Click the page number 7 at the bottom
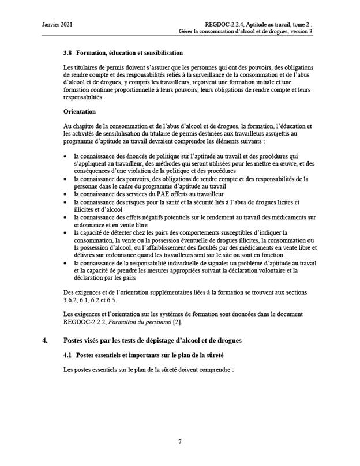pos(180,441)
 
